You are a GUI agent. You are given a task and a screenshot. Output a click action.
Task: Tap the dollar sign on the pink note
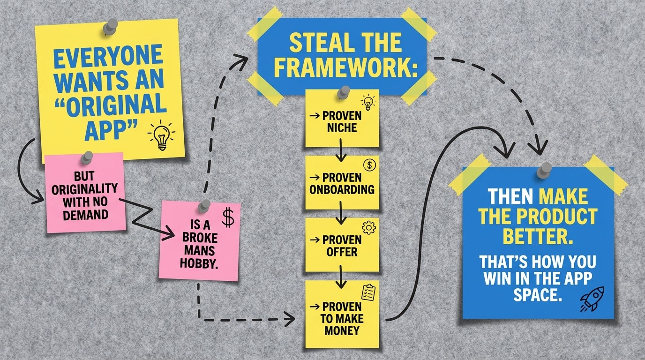click(x=228, y=217)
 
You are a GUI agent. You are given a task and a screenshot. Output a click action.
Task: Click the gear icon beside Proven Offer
click(x=369, y=227)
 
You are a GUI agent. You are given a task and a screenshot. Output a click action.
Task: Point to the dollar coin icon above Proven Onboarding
click(x=369, y=165)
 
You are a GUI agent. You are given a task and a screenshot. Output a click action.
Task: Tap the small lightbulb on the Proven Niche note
click(x=367, y=103)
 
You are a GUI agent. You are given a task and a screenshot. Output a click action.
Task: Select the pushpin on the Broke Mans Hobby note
click(x=204, y=206)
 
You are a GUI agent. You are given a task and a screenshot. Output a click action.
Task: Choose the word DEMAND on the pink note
click(x=85, y=215)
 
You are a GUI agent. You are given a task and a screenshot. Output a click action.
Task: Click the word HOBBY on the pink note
click(x=199, y=263)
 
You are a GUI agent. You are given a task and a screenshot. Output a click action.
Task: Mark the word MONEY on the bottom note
click(x=342, y=330)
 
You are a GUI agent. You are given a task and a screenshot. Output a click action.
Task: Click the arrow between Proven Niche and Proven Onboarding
click(x=342, y=152)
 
